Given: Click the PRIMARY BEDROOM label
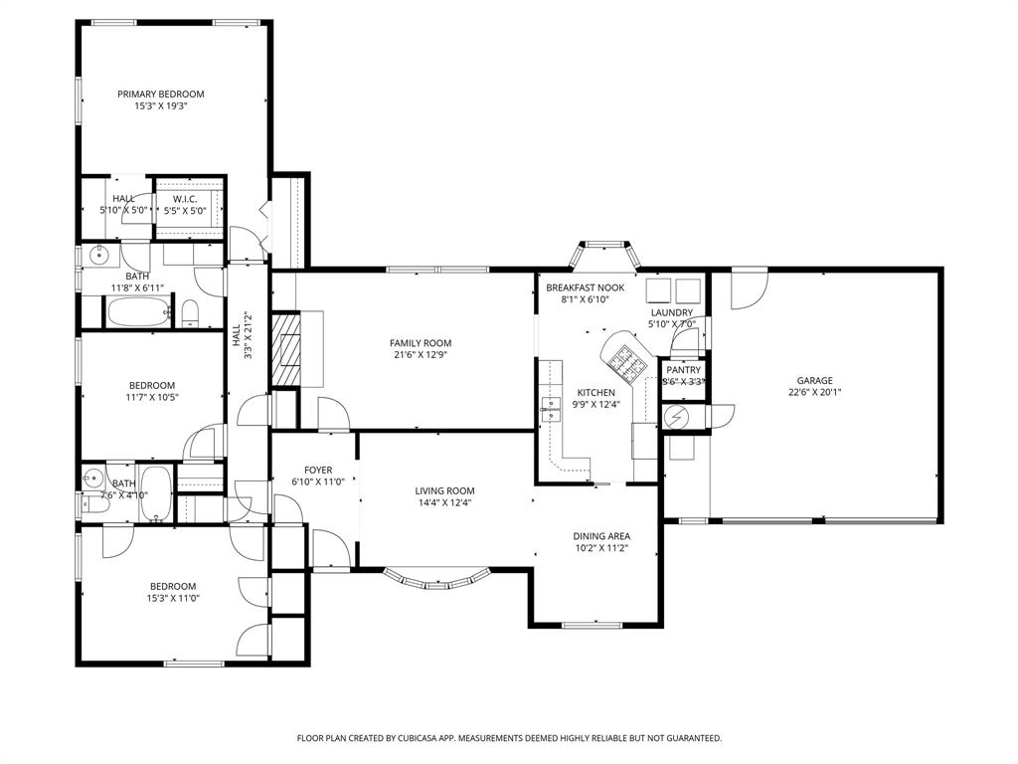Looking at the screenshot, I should tap(161, 95).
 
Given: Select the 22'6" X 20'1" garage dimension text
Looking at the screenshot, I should tap(814, 392).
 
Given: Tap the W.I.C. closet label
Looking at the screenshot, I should tap(184, 199).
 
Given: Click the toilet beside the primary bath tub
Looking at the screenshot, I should tap(191, 315).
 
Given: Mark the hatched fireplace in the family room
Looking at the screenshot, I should tap(287, 349).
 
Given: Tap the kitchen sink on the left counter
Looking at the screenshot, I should tap(550, 406).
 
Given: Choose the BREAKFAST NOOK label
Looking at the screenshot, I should tap(585, 287).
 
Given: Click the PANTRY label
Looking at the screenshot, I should tap(684, 370).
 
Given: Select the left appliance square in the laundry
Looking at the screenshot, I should tap(658, 289).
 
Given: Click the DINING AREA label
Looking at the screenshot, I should tap(601, 536).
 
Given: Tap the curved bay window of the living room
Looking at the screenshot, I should tap(437, 576).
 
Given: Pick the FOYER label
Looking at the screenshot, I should tap(318, 471).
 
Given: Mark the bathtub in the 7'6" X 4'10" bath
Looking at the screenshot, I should tap(156, 493).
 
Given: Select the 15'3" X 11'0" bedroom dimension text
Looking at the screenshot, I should tap(173, 599).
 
